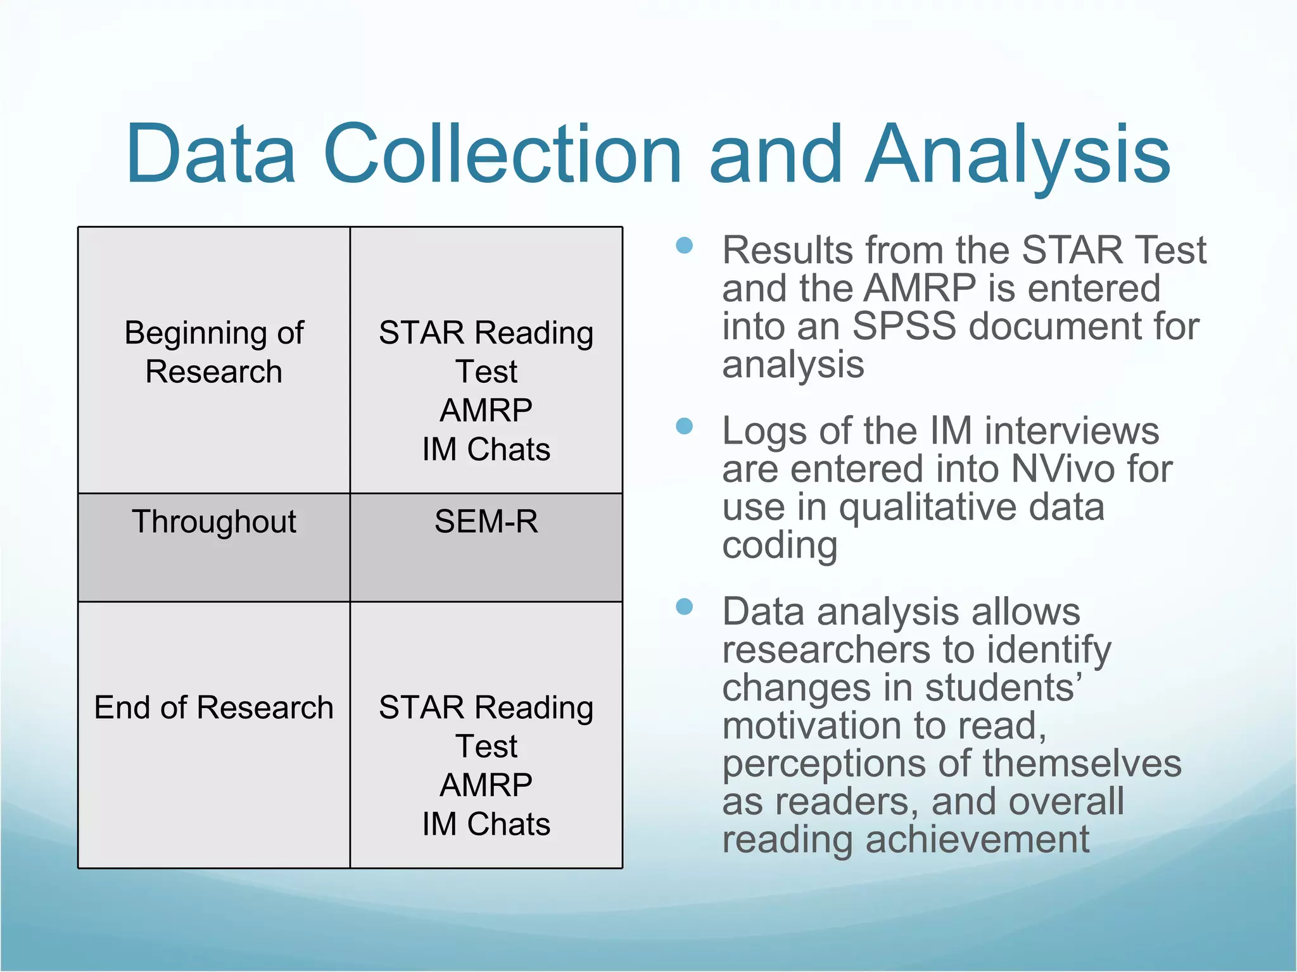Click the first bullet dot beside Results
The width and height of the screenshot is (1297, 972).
684,246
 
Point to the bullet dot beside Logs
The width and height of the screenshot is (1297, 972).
684,427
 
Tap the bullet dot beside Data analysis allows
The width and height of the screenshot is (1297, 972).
684,607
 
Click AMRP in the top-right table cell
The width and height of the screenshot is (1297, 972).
486,411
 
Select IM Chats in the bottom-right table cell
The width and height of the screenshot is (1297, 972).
486,825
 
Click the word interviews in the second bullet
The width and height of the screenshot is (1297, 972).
1071,432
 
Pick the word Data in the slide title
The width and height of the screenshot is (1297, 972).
211,154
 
